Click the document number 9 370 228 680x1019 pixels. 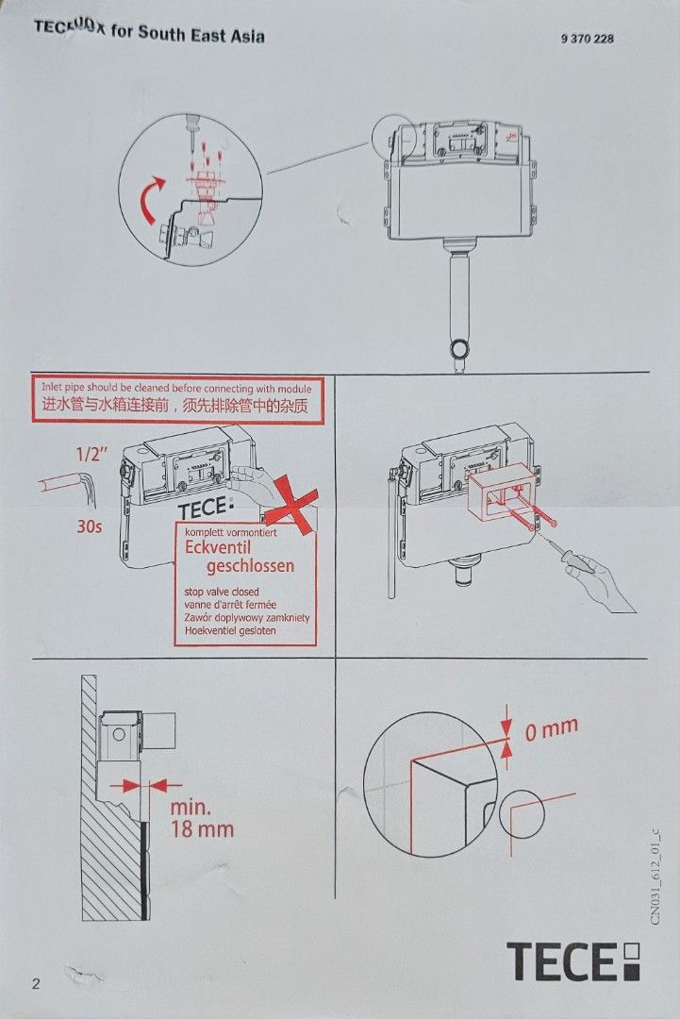point(587,39)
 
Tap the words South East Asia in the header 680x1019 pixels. point(201,34)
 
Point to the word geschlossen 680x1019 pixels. point(250,566)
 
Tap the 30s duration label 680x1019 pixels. point(89,526)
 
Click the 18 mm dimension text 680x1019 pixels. point(201,829)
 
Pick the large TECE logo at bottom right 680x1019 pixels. point(573,961)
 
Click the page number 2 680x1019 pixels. point(36,984)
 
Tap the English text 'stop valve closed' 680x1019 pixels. point(222,592)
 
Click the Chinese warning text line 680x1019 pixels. point(175,407)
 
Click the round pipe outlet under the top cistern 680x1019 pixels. point(459,350)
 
